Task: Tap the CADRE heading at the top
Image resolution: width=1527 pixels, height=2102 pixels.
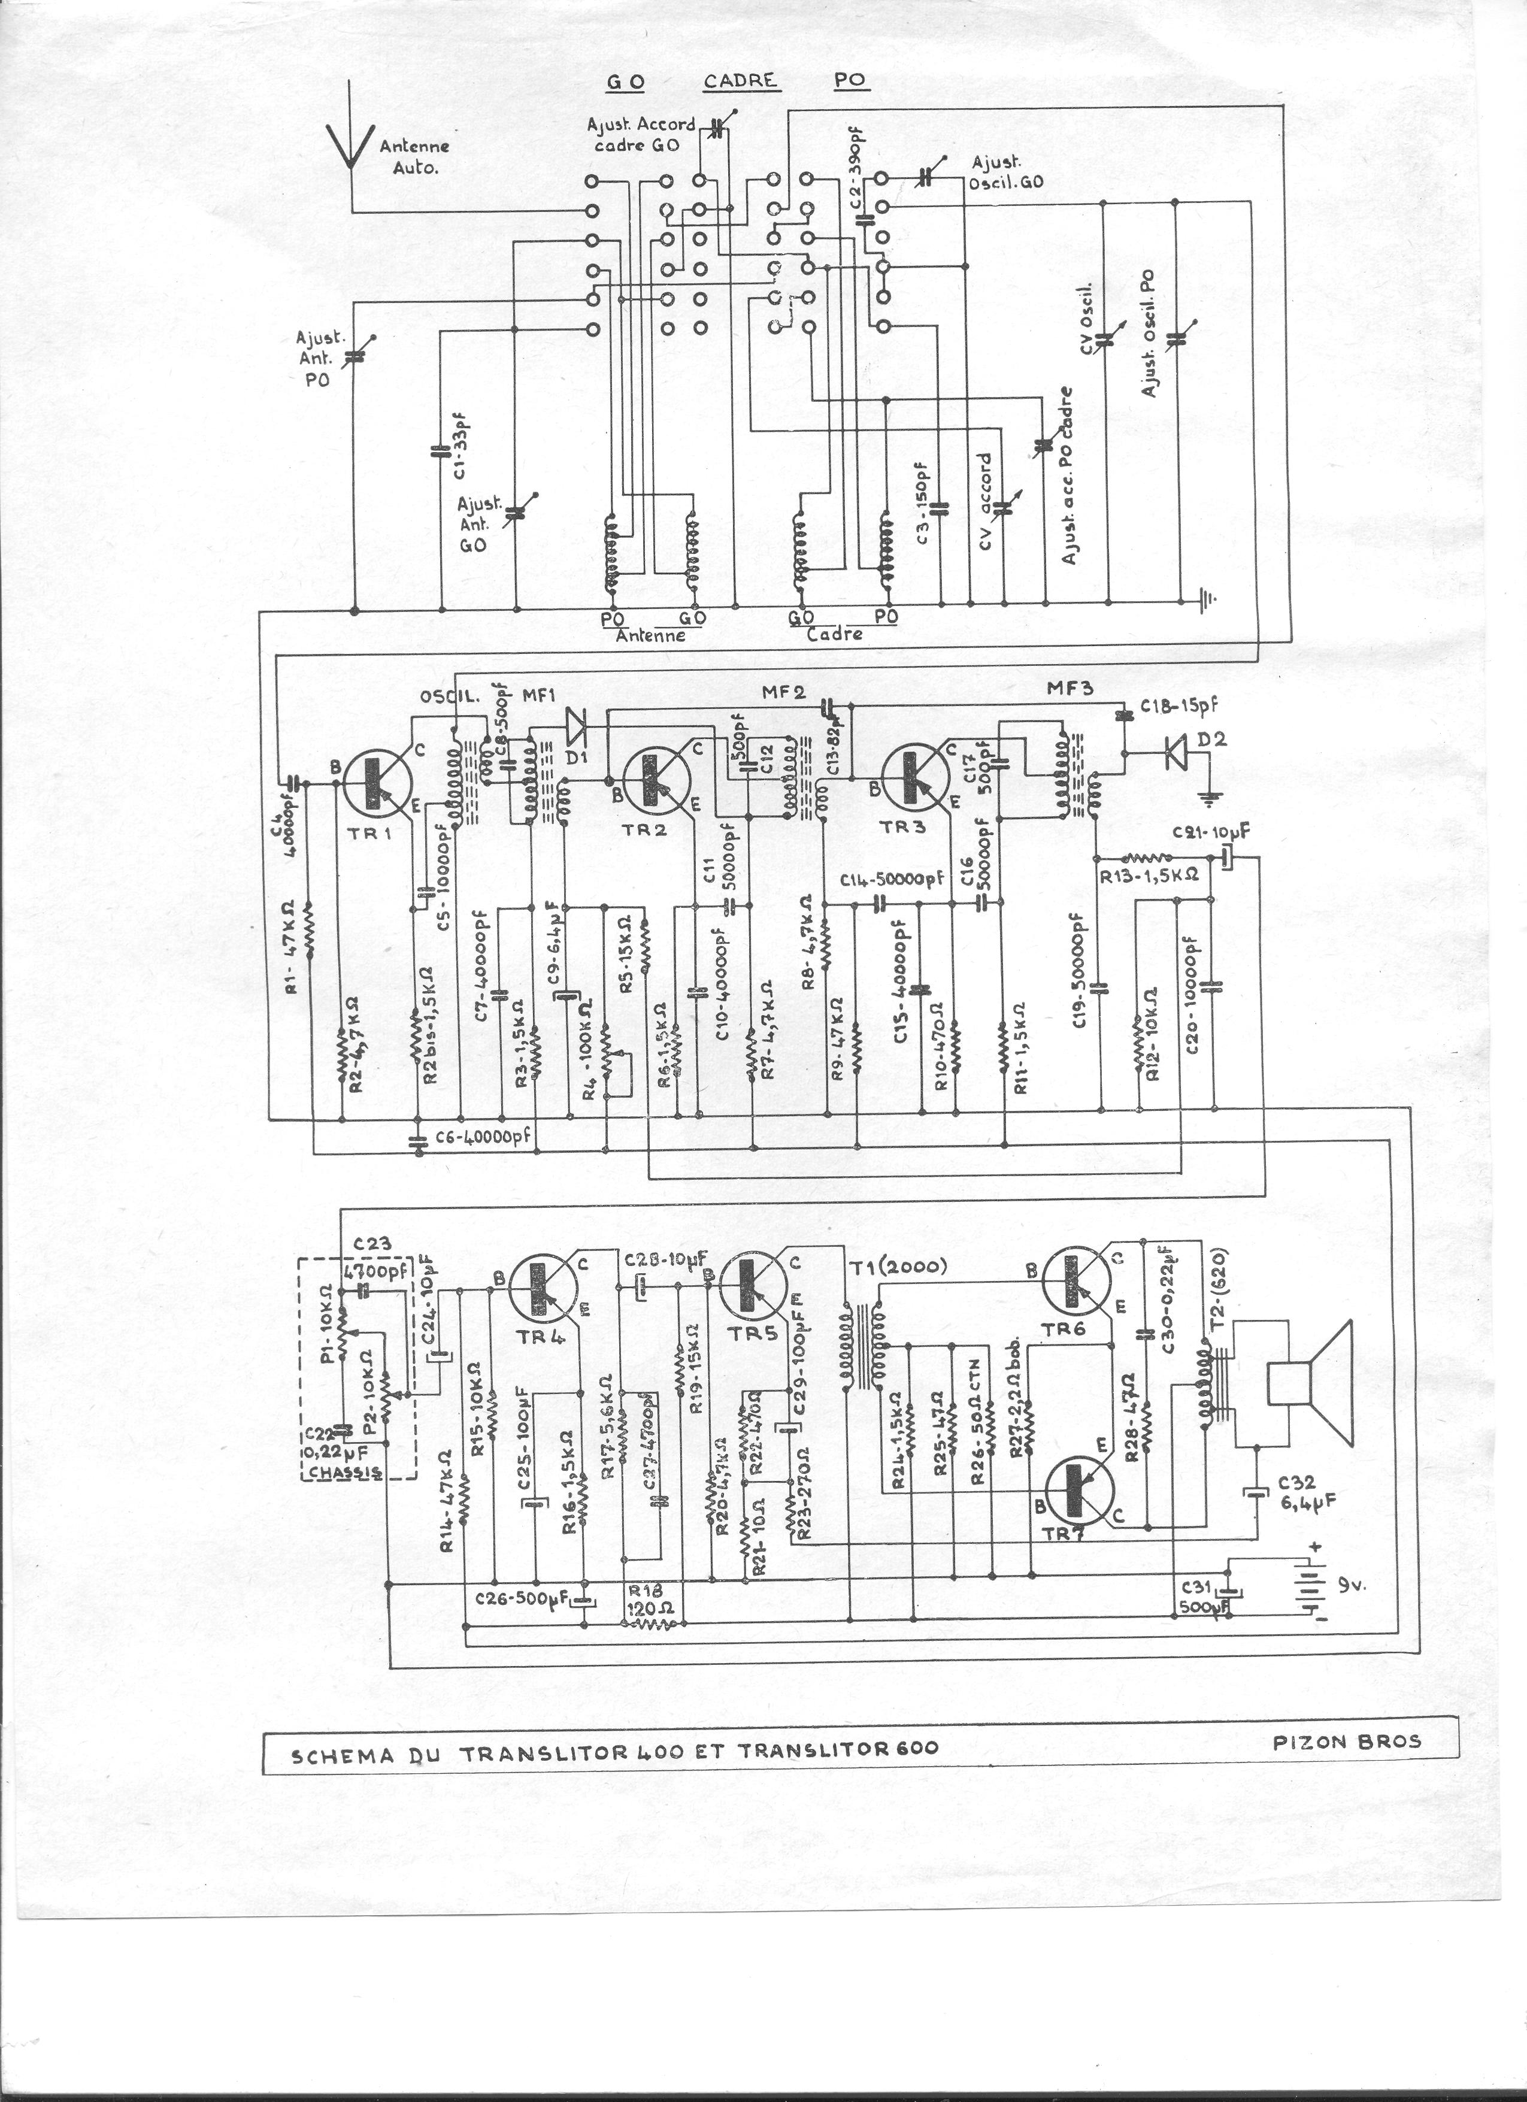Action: coord(738,81)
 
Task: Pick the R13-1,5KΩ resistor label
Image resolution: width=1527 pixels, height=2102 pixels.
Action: coord(1149,874)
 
